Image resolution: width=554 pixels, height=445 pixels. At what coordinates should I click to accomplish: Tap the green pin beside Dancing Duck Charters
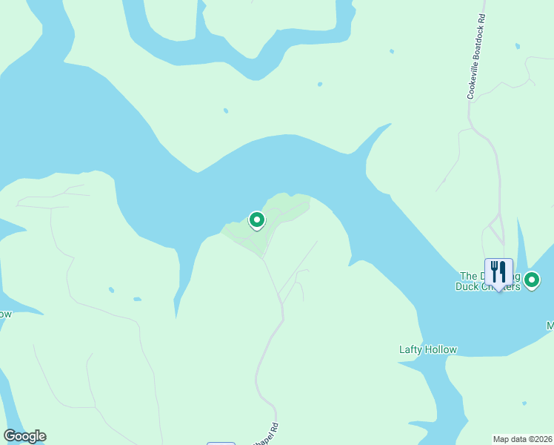[532, 280]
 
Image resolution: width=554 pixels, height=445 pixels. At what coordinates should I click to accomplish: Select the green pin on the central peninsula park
[256, 220]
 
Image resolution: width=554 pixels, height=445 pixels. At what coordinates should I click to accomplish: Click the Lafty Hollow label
[428, 349]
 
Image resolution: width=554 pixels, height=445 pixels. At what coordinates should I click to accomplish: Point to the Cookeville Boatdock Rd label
[476, 56]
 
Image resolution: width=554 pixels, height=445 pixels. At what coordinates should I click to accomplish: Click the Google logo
[24, 436]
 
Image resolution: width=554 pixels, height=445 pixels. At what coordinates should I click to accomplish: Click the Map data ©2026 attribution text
[523, 439]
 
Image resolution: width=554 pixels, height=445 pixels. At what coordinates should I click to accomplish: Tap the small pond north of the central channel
[226, 111]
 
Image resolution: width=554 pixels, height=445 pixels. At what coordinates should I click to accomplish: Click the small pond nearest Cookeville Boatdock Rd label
[392, 52]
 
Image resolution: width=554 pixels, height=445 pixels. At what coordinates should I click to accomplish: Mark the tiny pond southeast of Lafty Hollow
[524, 403]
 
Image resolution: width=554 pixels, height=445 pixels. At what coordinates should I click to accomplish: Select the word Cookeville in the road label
[472, 80]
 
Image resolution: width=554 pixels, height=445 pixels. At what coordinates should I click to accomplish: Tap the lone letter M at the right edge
[550, 326]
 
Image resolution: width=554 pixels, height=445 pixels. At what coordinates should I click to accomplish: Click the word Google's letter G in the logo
[10, 436]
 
